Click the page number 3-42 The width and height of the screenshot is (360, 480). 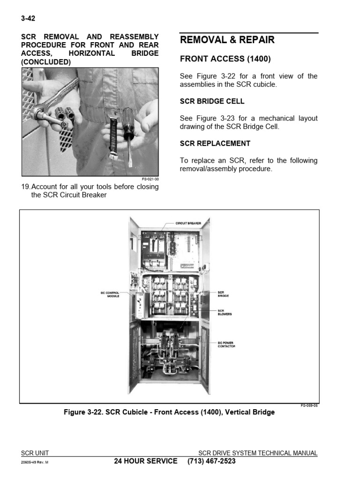(28, 19)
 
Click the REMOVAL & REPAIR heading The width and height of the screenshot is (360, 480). (227, 40)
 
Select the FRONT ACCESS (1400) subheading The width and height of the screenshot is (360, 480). (225, 59)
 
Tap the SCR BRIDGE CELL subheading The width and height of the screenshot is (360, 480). (212, 101)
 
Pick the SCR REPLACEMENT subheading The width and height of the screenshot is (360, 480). (215, 143)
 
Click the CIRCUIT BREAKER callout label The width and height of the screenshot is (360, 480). (188, 224)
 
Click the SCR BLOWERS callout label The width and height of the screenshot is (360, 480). (225, 312)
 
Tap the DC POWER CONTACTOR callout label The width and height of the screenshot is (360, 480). (226, 345)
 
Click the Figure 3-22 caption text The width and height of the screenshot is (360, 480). (169, 412)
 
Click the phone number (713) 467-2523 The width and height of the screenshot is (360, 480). (211, 461)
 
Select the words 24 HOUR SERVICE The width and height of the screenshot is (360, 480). (146, 461)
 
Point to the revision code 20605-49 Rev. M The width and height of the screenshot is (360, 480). (35, 462)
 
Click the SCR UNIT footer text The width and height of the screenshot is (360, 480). (35, 453)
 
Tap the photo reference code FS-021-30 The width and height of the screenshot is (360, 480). (150, 179)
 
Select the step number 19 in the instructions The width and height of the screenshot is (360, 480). (26, 187)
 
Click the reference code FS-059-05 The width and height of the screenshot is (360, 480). (309, 406)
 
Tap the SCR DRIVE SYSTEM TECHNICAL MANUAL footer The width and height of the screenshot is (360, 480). (258, 453)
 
